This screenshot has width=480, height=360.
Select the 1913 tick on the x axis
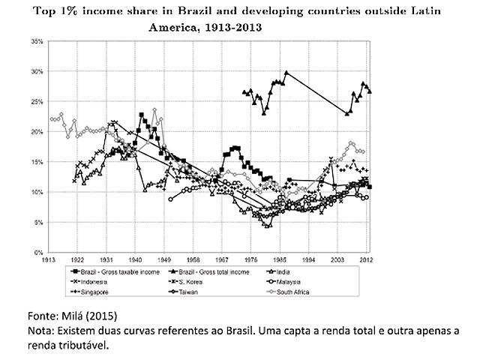pos(50,260)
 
